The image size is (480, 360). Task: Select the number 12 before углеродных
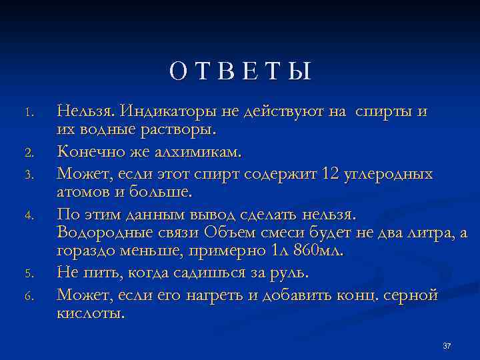[x=330, y=174]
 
